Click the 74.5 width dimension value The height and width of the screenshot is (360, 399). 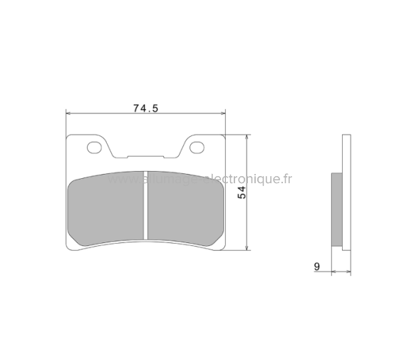145,108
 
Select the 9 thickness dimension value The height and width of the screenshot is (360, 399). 316,267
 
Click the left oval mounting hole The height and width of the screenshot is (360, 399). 94,148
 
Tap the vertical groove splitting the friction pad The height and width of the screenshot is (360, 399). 145,207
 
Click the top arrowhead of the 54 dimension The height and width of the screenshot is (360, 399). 247,137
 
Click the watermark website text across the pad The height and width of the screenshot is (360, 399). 199,180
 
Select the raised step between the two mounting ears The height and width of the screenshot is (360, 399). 145,156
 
